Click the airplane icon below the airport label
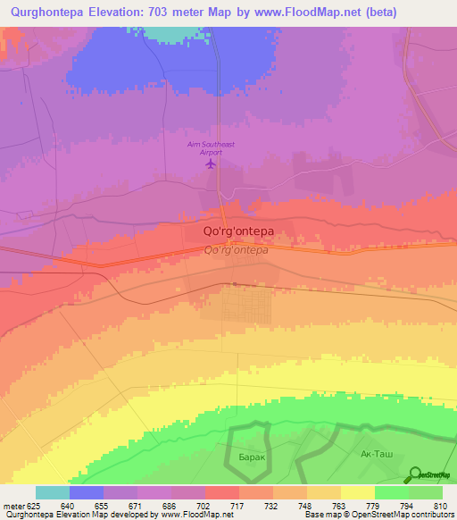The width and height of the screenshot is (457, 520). [x=212, y=164]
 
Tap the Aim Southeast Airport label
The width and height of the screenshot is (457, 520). [x=211, y=148]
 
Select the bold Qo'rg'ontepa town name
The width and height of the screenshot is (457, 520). [x=232, y=231]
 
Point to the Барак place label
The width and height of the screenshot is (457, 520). [x=253, y=456]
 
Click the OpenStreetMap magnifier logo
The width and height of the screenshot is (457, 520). [x=416, y=474]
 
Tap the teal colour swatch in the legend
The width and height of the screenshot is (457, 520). [x=53, y=492]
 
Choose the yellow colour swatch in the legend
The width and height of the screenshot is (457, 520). [x=358, y=492]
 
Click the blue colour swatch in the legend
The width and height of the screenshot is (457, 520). [x=87, y=492]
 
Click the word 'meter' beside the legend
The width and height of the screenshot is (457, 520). [x=12, y=505]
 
